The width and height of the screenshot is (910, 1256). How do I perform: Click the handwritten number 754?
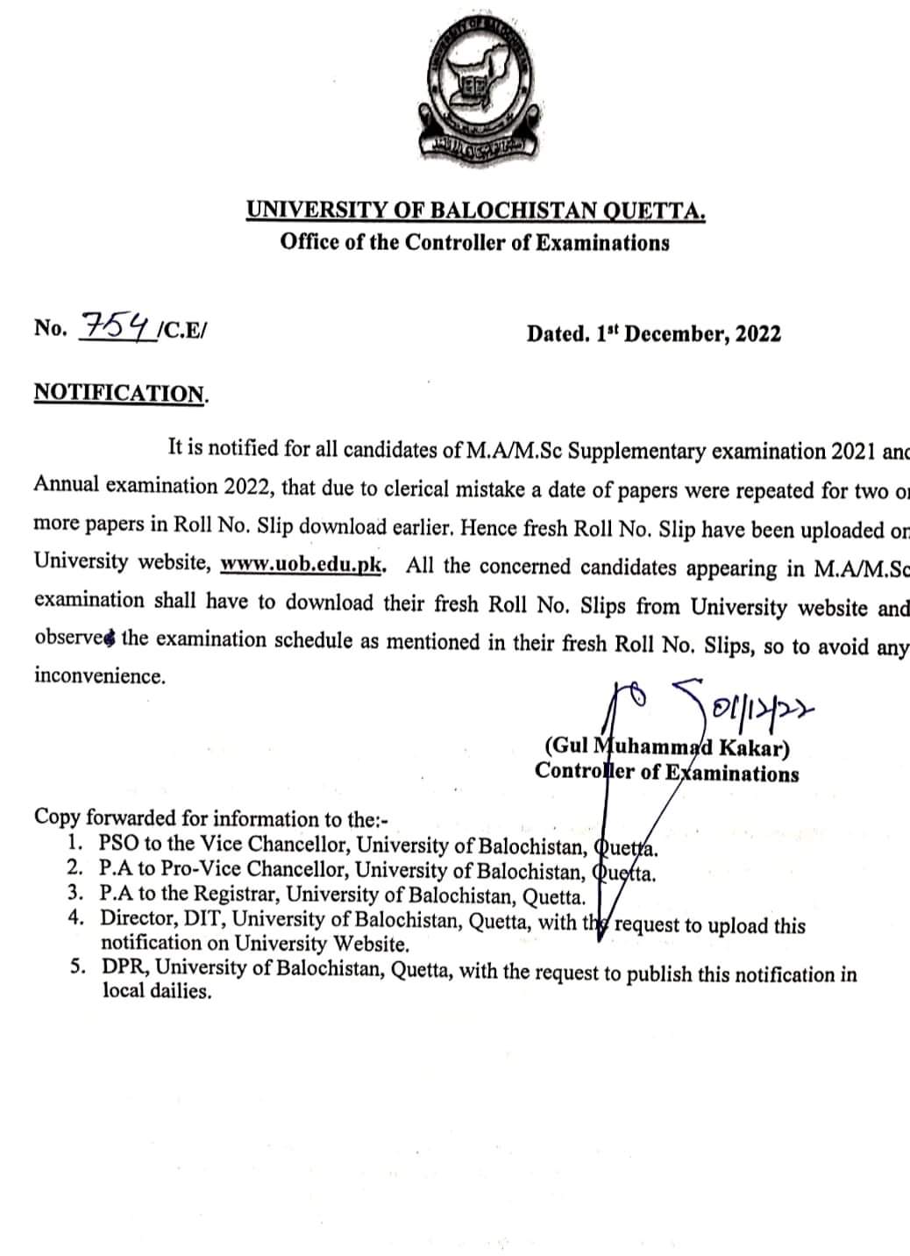pos(116,326)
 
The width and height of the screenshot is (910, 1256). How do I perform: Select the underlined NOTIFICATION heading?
pos(119,393)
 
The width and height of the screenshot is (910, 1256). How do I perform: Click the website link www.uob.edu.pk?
pos(302,563)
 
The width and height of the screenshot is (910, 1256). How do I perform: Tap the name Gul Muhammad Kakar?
pos(667,748)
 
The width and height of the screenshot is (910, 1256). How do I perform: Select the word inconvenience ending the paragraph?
pos(99,676)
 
